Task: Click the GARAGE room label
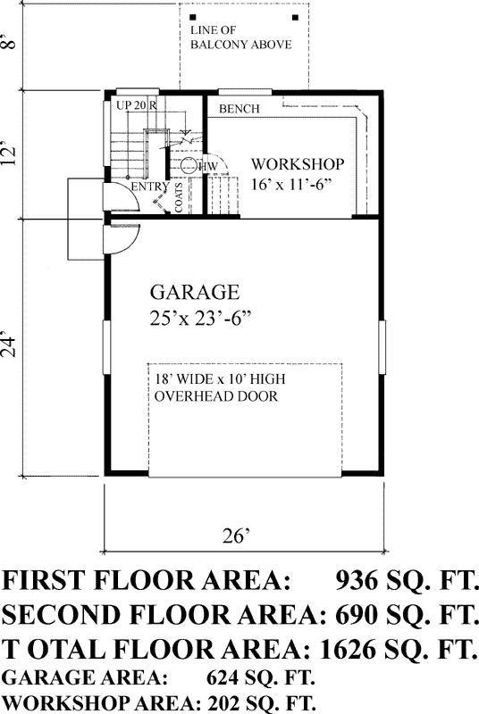pyautogui.click(x=194, y=292)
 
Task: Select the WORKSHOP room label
pyautogui.click(x=298, y=165)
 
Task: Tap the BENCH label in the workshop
pyautogui.click(x=239, y=110)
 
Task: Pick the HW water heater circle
pyautogui.click(x=189, y=166)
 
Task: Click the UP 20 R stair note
pyautogui.click(x=137, y=105)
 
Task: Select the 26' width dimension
pyautogui.click(x=235, y=536)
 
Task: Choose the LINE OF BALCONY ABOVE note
pyautogui.click(x=240, y=37)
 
